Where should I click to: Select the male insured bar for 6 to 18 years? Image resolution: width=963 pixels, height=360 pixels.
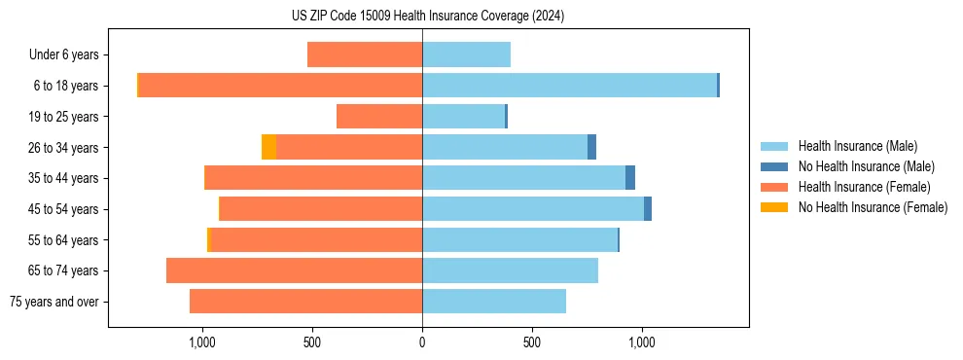click(569, 86)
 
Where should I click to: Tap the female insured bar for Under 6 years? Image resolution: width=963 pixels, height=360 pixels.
click(365, 54)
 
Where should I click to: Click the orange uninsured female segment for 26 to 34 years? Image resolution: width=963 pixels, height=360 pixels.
click(268, 147)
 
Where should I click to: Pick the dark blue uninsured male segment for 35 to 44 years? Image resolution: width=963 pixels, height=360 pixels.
click(630, 178)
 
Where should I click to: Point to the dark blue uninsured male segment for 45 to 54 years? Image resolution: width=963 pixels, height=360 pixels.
click(648, 209)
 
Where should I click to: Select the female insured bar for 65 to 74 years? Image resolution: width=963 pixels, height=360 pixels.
click(294, 270)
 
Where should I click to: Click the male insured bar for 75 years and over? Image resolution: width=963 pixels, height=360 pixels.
click(494, 302)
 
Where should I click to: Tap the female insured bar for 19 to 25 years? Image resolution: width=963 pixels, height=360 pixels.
click(379, 117)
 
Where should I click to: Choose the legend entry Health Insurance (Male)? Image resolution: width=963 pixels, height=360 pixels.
click(857, 147)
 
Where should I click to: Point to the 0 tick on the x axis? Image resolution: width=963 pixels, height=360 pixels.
click(422, 343)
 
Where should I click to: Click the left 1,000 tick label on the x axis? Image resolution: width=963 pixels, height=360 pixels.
click(201, 343)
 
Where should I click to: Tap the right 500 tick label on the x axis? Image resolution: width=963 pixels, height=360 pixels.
click(532, 343)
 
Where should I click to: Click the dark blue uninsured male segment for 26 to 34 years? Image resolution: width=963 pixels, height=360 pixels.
click(591, 147)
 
